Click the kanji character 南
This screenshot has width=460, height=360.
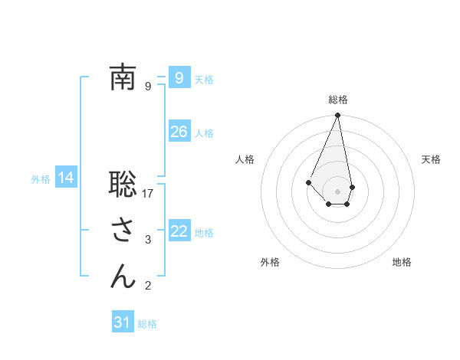[123, 77]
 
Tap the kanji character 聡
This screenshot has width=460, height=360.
[123, 184]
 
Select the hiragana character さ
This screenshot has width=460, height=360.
[123, 230]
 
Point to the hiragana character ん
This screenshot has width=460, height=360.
[123, 276]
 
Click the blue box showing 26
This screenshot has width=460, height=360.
[179, 132]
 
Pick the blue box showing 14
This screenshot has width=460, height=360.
[66, 178]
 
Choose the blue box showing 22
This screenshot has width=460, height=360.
[179, 231]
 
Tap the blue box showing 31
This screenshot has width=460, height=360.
[123, 322]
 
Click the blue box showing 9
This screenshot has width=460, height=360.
[179, 78]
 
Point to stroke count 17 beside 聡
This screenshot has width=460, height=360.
[149, 194]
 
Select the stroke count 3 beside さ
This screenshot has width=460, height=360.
[148, 240]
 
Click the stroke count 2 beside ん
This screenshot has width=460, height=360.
[148, 286]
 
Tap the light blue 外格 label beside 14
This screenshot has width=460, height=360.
[41, 179]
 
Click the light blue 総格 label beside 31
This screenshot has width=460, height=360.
[147, 324]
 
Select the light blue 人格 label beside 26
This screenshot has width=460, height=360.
[204, 133]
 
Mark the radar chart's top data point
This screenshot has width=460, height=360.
[337, 116]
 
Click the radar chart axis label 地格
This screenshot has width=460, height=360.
[402, 263]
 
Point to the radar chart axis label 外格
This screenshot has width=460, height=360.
[270, 263]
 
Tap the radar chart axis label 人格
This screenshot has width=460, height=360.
[245, 159]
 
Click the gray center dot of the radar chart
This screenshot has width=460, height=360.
[337, 191]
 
